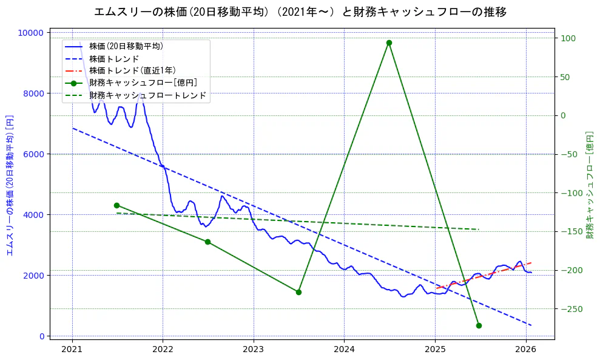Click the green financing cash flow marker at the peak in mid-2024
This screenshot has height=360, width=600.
click(x=389, y=42)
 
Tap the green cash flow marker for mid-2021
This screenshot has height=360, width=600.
click(x=116, y=205)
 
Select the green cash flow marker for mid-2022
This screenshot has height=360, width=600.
click(x=207, y=242)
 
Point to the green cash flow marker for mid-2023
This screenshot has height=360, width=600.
click(x=298, y=292)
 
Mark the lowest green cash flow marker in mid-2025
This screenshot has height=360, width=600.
click(x=479, y=325)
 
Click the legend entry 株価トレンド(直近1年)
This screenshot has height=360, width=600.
click(x=132, y=70)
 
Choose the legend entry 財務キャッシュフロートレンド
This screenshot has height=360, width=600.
click(x=147, y=95)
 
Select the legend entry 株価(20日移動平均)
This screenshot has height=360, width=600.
click(x=126, y=46)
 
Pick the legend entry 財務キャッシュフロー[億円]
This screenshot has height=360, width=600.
click(x=143, y=83)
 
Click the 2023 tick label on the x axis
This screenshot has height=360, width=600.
click(x=253, y=350)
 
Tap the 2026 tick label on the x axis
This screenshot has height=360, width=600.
click(x=525, y=350)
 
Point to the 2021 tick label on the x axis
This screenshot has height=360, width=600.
click(x=72, y=350)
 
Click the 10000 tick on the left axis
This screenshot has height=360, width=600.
click(x=33, y=33)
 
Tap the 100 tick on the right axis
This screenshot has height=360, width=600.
click(x=567, y=38)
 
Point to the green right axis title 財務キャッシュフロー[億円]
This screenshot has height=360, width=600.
click(x=589, y=185)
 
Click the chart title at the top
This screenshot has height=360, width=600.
click(x=300, y=12)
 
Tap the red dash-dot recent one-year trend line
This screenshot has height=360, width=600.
click(x=485, y=276)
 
